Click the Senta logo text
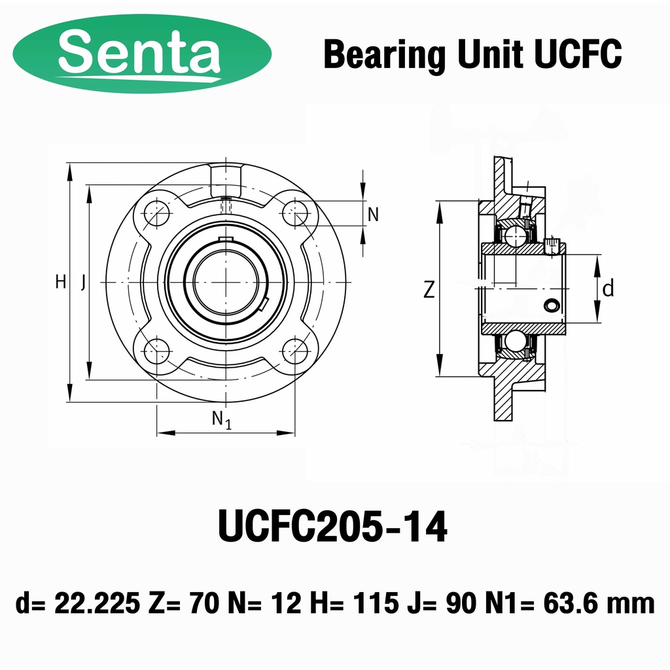[x=139, y=52]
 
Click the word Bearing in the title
[x=383, y=55]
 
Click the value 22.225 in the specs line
[x=97, y=603]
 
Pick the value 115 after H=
[x=375, y=603]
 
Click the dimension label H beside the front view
[x=60, y=283]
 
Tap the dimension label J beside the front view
[x=82, y=283]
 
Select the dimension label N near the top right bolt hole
[x=373, y=214]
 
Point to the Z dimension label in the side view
[x=429, y=289]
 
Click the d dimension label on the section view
[x=608, y=288]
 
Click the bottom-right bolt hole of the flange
[x=296, y=352]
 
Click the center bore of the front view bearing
[x=226, y=282]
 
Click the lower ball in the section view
[x=515, y=342]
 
